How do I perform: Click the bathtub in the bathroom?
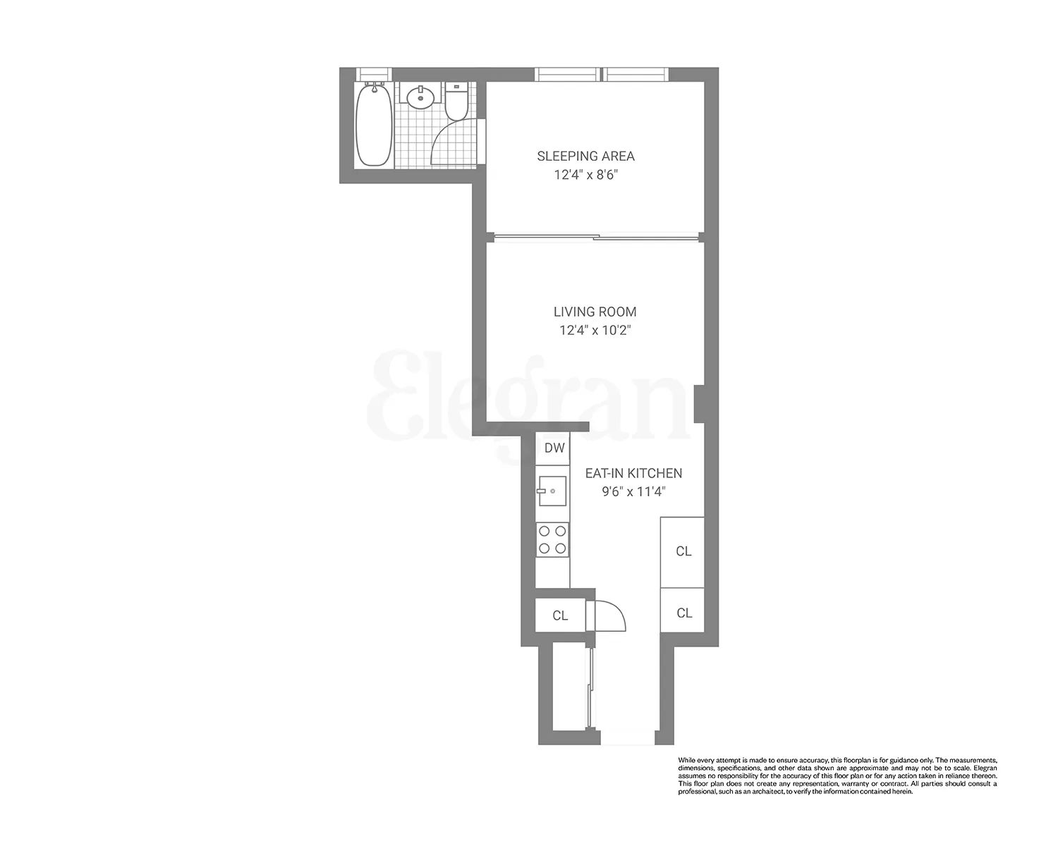point(374,125)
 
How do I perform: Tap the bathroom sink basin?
point(421,97)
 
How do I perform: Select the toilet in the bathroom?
point(455,102)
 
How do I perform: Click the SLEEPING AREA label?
point(585,156)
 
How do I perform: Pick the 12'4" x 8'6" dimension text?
point(585,174)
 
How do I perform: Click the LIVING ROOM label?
point(595,312)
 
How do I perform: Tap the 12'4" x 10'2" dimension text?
point(595,330)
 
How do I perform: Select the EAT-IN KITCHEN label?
point(633,474)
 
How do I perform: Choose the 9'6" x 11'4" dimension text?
point(633,492)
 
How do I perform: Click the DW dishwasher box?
point(554,448)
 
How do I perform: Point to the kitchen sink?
point(552,491)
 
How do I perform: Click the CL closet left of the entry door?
point(560,615)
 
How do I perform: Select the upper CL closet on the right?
point(683,551)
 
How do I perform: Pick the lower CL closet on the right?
point(683,613)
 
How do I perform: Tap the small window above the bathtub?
point(374,73)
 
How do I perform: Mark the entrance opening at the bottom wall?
point(627,739)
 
